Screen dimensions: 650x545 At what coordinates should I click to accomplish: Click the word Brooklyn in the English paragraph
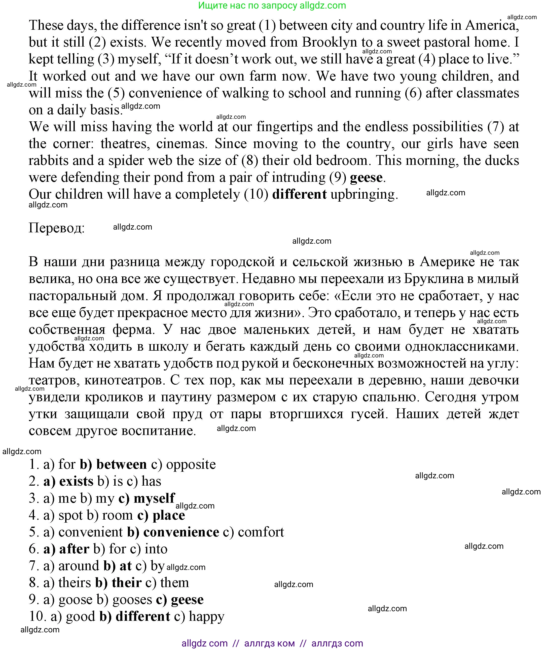click(x=329, y=42)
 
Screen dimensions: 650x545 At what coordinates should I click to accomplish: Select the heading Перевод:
click(x=57, y=228)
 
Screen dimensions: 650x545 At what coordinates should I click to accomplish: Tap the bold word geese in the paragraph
click(x=366, y=178)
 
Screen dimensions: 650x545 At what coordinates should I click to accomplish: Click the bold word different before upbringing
click(x=299, y=194)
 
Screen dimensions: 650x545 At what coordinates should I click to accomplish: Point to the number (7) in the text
click(x=495, y=127)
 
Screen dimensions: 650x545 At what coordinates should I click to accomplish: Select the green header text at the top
click(x=272, y=5)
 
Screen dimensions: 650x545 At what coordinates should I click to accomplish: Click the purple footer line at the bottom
click(x=272, y=643)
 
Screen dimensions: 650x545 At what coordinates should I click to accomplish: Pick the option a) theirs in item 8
click(x=67, y=583)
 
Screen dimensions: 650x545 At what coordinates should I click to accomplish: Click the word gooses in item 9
click(x=132, y=600)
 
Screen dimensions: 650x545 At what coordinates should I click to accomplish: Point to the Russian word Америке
click(x=447, y=262)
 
